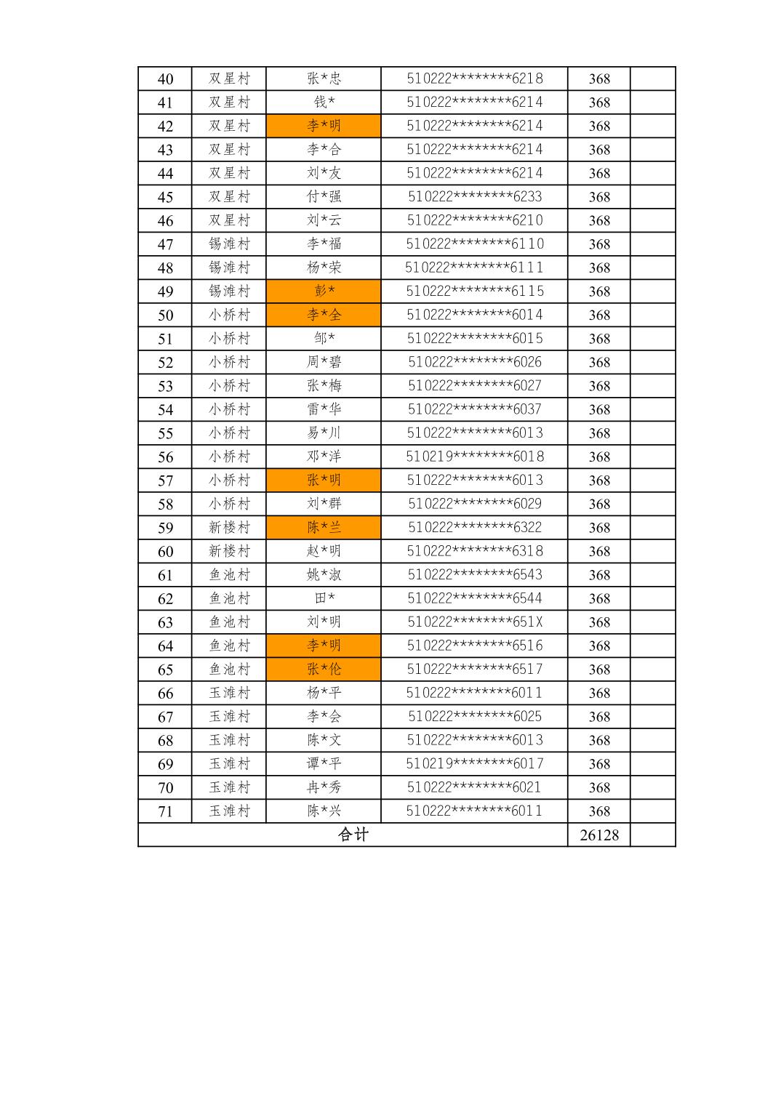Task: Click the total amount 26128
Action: click(599, 835)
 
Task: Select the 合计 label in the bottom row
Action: click(353, 835)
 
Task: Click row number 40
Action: click(165, 79)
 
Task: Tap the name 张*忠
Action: click(324, 79)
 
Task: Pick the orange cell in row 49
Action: click(324, 292)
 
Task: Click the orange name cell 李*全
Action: click(324, 315)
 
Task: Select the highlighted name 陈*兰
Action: click(324, 528)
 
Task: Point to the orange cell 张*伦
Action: click(324, 670)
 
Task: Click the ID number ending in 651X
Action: click(475, 622)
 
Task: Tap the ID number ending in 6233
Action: click(475, 197)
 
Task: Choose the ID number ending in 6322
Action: click(475, 528)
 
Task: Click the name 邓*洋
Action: click(324, 457)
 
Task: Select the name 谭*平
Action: click(324, 764)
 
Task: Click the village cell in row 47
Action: click(229, 244)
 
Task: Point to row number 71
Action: click(165, 811)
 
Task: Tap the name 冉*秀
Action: click(324, 787)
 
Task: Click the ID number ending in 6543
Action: click(475, 575)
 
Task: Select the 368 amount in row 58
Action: click(599, 504)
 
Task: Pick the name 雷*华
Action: click(324, 409)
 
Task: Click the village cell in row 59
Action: click(229, 528)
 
